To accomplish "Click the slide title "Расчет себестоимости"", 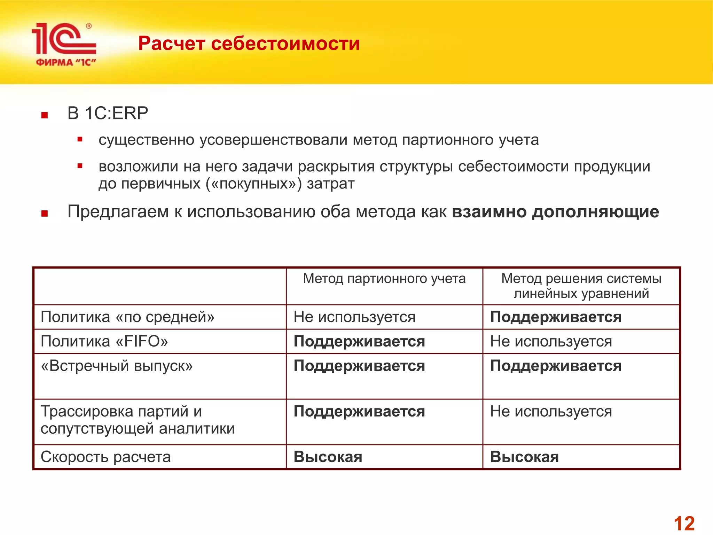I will pyautogui.click(x=249, y=44).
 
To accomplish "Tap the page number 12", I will pyautogui.click(x=684, y=523).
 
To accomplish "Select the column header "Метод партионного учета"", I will pyautogui.click(x=384, y=279).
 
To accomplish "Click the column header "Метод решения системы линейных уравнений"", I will pyautogui.click(x=581, y=286).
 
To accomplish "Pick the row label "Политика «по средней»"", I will pyautogui.click(x=127, y=317).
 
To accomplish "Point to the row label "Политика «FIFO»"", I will pyautogui.click(x=104, y=341).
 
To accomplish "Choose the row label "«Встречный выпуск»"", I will pyautogui.click(x=117, y=366).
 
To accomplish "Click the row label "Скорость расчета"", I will pyautogui.click(x=105, y=457).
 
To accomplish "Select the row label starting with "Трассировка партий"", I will pyautogui.click(x=138, y=420).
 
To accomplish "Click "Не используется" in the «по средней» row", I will pyautogui.click(x=354, y=317).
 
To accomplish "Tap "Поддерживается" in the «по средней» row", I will pyautogui.click(x=556, y=317).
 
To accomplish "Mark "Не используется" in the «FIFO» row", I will pyautogui.click(x=551, y=341).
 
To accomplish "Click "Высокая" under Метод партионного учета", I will pyautogui.click(x=328, y=457).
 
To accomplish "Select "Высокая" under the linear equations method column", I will pyautogui.click(x=524, y=457).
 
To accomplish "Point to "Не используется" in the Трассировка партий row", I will pyautogui.click(x=551, y=411).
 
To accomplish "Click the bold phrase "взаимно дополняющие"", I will pyautogui.click(x=555, y=212).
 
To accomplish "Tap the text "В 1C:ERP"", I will pyautogui.click(x=108, y=113).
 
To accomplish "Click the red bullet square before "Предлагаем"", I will pyautogui.click(x=44, y=213).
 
